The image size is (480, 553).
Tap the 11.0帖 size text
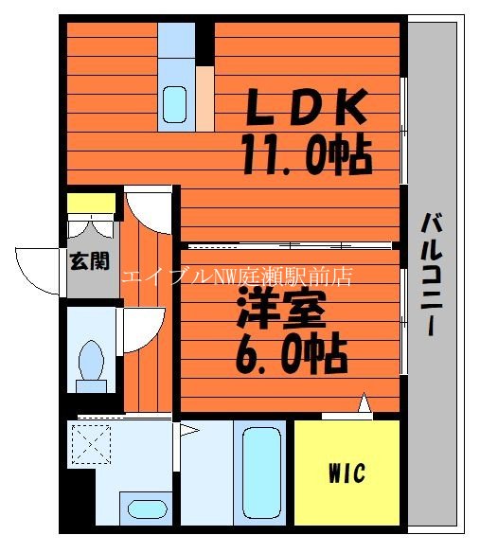coord(305,154)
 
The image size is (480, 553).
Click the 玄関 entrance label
coord(88,261)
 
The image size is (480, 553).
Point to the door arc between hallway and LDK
coord(150,208)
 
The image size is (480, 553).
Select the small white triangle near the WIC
coord(364,403)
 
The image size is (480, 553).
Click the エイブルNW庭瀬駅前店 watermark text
coord(237,276)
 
